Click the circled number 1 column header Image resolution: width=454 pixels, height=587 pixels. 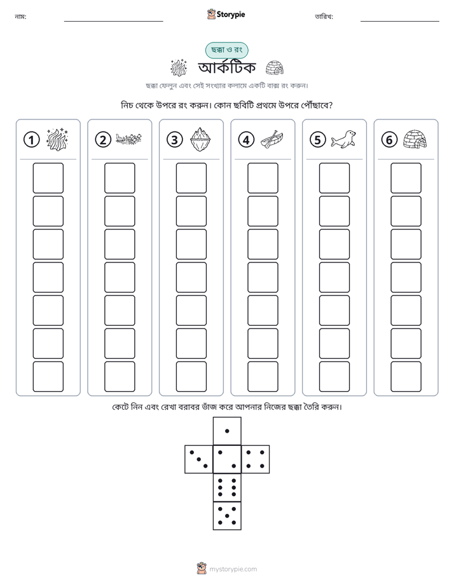(31, 140)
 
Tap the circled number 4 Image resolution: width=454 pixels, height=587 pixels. (246, 140)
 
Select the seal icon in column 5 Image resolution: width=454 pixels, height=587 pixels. (343, 140)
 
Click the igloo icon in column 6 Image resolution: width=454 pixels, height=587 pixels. (415, 140)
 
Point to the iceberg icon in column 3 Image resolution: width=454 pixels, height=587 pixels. (201, 140)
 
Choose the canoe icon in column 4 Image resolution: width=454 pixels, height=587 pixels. (272, 140)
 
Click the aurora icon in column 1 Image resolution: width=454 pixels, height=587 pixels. (57, 140)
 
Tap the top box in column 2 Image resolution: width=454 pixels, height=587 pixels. (120, 178)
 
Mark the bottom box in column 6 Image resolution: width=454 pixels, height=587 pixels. (406, 377)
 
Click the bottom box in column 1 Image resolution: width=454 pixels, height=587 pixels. (48, 377)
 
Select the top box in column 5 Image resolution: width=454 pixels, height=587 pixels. (334, 178)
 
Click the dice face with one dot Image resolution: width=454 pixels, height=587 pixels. (227, 431)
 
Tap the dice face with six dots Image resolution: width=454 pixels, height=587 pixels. (227, 487)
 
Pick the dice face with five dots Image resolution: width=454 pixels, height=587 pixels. (227, 516)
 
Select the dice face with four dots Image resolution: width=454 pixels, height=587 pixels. (256, 459)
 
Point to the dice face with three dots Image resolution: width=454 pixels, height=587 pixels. (198, 459)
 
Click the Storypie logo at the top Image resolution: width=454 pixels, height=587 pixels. (226, 14)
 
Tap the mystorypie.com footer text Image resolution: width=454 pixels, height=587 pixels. (233, 569)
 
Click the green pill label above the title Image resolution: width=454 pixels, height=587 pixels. (226, 50)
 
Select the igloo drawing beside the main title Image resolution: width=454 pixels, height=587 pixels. (275, 68)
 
